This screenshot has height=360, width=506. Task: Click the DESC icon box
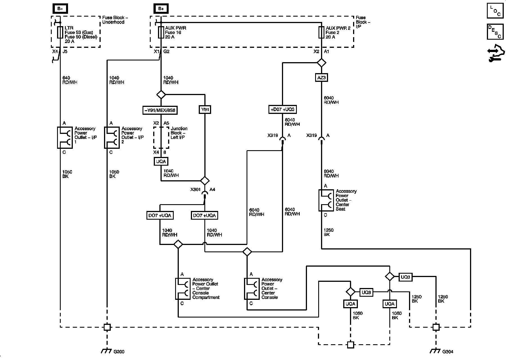point(495,32)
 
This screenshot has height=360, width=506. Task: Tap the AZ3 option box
point(321,77)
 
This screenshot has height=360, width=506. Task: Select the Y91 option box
point(205,110)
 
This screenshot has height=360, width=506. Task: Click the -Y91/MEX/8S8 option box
point(160,110)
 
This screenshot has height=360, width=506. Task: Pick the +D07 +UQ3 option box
point(283,109)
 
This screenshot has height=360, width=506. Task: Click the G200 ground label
point(119,352)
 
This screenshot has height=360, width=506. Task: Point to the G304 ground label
point(448,352)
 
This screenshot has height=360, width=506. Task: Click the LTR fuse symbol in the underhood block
point(60,32)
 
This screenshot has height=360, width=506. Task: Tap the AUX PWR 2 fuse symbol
point(321,32)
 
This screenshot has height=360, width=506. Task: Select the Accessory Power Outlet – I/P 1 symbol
point(65,138)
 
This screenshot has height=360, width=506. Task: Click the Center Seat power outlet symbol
point(326,200)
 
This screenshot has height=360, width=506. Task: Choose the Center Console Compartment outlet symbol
point(183,289)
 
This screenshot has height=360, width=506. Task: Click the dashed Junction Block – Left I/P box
point(161,138)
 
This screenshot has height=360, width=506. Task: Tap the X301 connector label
point(195,190)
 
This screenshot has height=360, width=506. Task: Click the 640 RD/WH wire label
point(70,80)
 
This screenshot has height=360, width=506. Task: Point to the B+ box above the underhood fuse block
point(60,9)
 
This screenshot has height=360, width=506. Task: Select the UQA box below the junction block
point(161,161)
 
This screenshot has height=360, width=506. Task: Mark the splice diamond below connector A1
point(321,62)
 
